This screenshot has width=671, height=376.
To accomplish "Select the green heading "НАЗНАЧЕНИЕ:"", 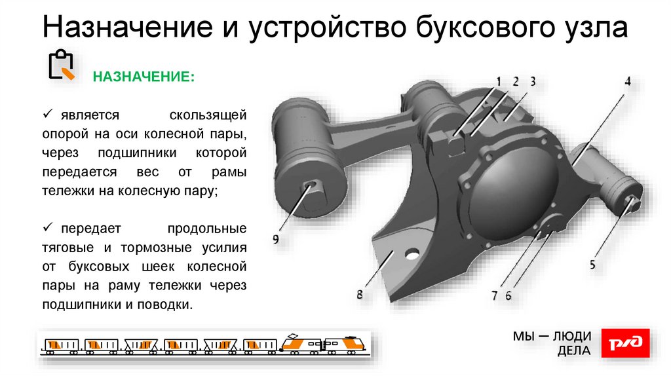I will [144, 77].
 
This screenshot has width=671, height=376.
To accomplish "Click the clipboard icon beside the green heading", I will [62, 66].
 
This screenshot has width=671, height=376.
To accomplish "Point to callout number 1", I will [498, 81].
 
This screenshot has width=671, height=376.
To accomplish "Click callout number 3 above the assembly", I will [533, 81].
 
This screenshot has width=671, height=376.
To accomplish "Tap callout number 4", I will [627, 82].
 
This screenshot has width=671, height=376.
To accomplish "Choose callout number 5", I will [592, 265].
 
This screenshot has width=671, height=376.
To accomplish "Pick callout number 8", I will [360, 295].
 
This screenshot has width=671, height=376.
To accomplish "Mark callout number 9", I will [276, 240].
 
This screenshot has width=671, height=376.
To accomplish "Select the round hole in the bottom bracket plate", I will [413, 253].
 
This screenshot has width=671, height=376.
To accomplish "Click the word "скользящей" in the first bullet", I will [208, 115].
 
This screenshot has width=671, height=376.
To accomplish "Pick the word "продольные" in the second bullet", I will [206, 229].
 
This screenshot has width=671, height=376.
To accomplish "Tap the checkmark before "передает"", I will [48, 229].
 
